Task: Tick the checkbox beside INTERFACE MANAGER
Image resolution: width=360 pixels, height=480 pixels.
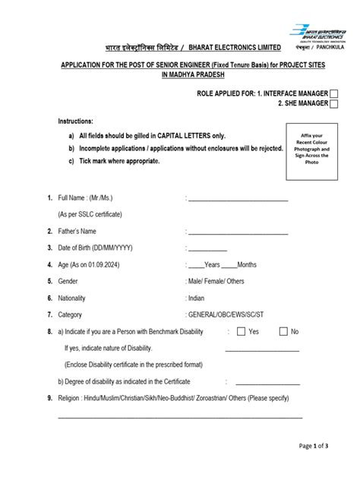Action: [335, 93]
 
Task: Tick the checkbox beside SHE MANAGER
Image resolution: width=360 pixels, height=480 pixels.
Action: [335, 104]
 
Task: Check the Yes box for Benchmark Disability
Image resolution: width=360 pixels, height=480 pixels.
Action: [241, 331]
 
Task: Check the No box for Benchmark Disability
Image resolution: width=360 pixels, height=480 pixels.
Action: [283, 331]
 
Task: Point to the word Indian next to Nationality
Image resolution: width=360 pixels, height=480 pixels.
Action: [197, 298]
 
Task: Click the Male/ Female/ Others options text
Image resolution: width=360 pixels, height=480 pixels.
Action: [216, 281]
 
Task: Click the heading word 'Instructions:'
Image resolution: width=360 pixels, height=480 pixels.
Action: [76, 122]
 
